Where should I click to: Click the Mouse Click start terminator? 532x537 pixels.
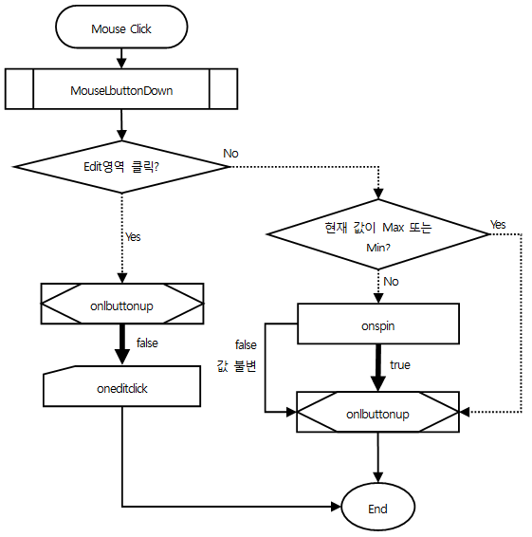tap(121, 27)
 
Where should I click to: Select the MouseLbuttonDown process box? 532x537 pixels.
tap(121, 89)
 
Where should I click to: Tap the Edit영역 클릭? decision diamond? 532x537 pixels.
tap(121, 167)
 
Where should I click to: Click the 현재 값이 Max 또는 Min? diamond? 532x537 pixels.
tap(378, 234)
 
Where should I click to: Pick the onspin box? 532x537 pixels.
tap(378, 324)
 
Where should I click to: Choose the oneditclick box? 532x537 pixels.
tap(122, 386)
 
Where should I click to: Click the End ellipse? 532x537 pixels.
tap(378, 507)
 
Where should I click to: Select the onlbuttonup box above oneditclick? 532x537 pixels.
tap(122, 304)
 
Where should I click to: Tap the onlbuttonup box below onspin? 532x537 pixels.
tap(378, 412)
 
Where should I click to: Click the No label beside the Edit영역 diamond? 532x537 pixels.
tap(230, 154)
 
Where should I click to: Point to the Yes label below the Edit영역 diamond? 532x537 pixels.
tap(133, 236)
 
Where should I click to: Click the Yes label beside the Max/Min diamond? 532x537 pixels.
tap(498, 225)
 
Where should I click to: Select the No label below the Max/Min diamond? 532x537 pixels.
tap(391, 282)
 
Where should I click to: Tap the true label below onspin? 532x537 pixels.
tap(400, 365)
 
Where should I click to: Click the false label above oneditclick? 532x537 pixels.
tap(147, 343)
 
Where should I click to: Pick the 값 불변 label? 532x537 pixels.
tap(236, 366)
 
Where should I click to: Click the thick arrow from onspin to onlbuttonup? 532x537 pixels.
tap(378, 368)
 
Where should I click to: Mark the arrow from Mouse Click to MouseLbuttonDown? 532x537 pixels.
tap(121, 58)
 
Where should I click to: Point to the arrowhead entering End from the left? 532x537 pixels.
tap(336, 507)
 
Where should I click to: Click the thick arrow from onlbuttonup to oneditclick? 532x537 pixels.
tap(122, 344)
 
